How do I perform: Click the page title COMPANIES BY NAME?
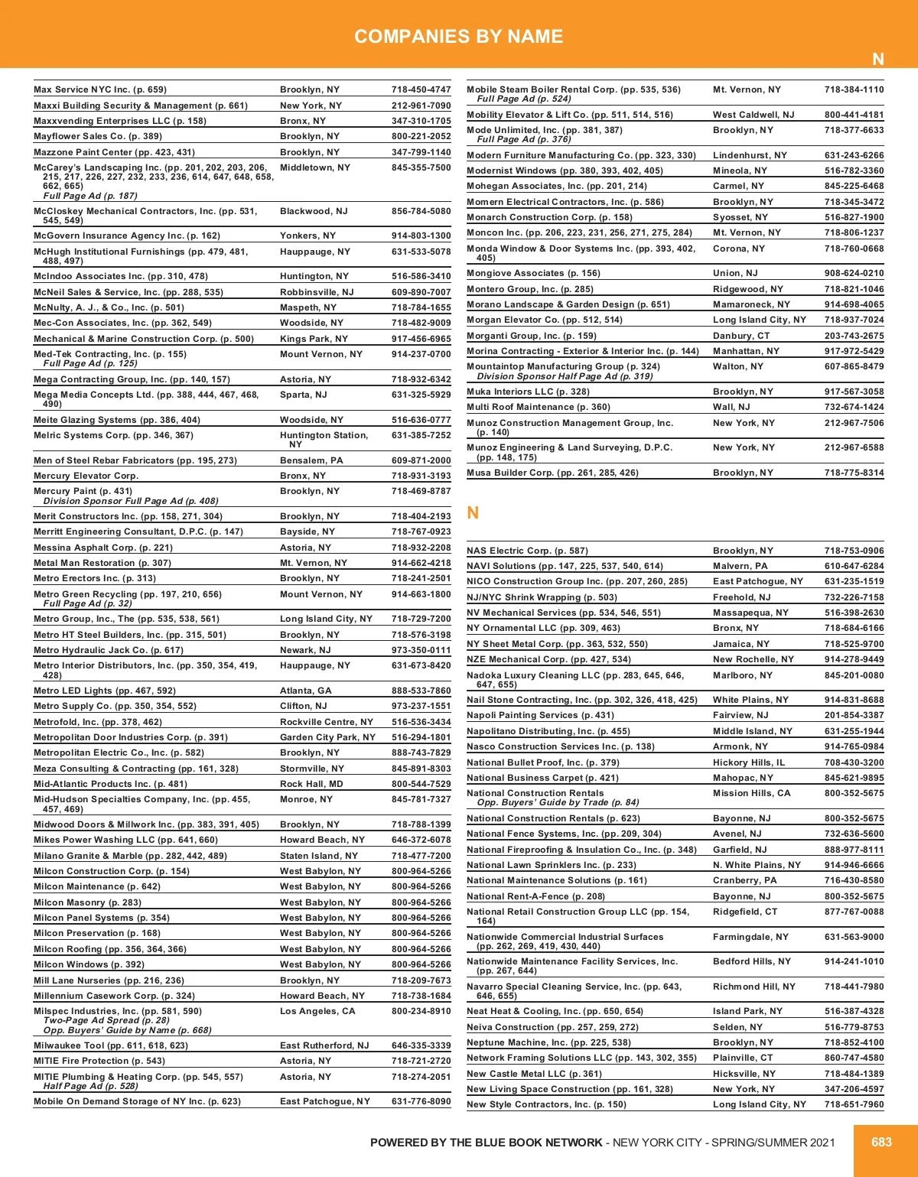pos(458,36)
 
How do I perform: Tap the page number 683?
pos(881,1142)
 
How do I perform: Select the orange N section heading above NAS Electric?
pos(473,512)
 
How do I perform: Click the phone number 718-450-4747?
pos(421,89)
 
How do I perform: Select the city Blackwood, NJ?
pos(314,211)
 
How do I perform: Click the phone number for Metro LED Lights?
pos(421,691)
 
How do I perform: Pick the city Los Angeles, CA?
pos(317,1011)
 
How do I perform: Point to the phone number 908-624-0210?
pos(854,273)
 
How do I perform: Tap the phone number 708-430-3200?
pos(854,762)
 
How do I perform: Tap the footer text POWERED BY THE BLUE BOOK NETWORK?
pos(486,1143)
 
